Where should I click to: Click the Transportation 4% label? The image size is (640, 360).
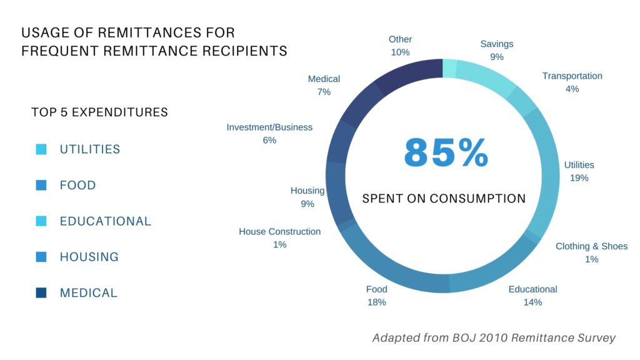[x=572, y=82]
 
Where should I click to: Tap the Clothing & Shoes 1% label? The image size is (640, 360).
[x=591, y=252]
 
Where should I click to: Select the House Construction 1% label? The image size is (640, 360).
[x=279, y=238]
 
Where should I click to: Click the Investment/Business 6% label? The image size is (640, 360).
[x=269, y=134]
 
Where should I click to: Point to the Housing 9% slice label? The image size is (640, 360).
[x=307, y=197]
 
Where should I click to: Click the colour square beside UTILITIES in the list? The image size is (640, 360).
[x=41, y=149]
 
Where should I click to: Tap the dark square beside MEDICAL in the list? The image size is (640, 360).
[x=41, y=292]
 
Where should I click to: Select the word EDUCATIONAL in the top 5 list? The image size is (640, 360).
[x=105, y=221]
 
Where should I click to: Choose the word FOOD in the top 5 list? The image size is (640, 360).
[x=77, y=186]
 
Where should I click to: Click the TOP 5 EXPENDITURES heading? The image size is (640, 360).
[x=99, y=112]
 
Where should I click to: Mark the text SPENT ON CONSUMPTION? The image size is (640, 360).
[x=444, y=199]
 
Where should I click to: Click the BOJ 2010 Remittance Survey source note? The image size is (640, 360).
[x=494, y=337]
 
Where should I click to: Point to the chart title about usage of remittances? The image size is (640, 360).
[x=154, y=41]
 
